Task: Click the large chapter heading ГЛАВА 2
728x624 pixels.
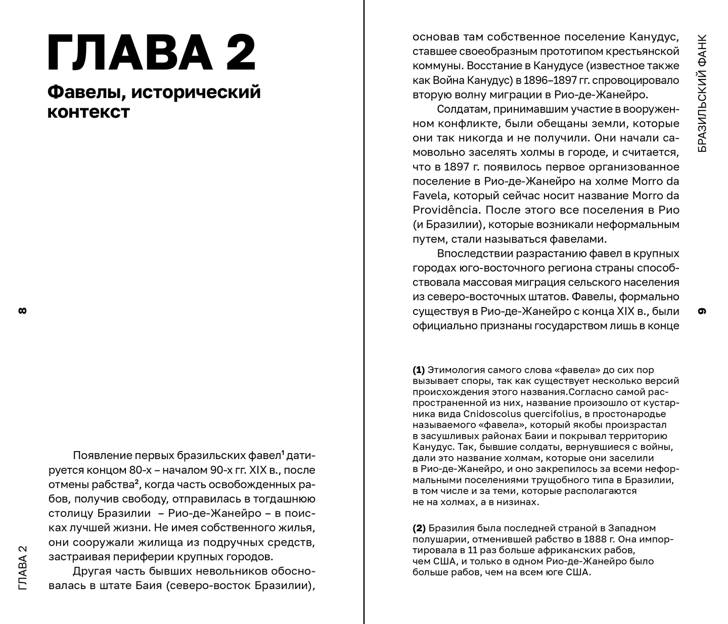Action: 151,53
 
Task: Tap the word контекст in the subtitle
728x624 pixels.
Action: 88,112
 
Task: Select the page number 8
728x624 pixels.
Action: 22,310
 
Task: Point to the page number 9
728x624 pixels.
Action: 702,310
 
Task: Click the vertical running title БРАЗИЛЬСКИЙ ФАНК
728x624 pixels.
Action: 702,94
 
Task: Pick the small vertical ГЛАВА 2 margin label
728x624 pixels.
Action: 22,567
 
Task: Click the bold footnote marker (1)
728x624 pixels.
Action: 419,370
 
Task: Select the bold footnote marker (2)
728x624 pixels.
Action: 419,528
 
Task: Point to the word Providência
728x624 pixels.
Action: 444,210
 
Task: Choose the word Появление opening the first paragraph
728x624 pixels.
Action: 104,456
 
